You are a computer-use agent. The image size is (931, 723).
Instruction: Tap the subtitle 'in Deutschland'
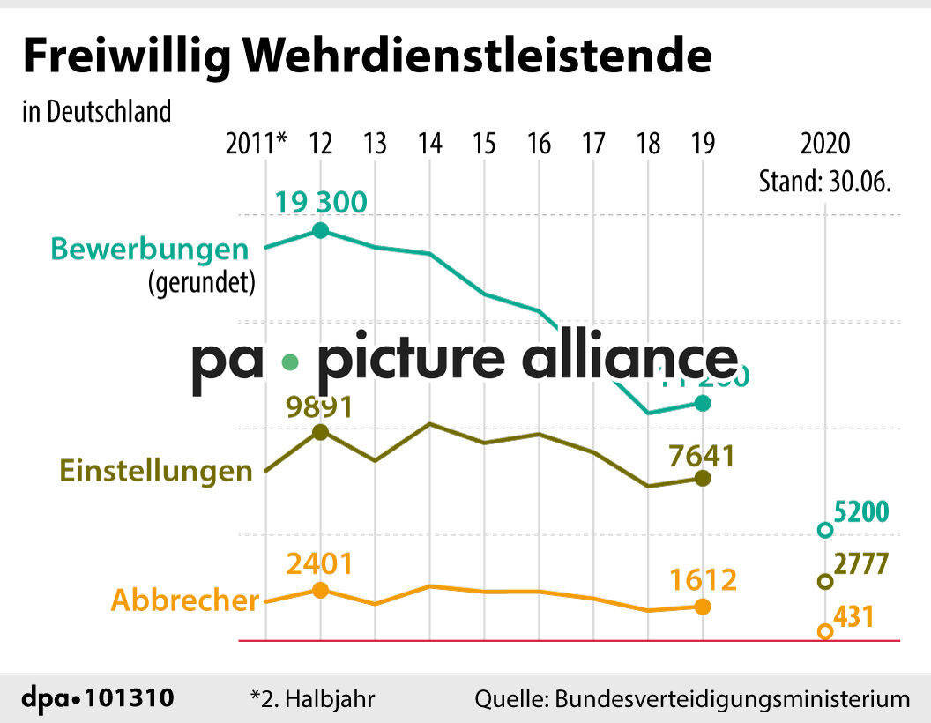click(96, 112)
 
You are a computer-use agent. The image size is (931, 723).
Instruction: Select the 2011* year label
click(257, 144)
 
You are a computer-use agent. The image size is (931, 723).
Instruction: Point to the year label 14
click(429, 144)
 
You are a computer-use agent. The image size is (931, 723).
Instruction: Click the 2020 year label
click(825, 144)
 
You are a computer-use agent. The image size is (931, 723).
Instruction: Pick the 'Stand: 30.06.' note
click(825, 182)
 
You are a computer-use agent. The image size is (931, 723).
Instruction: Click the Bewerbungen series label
click(149, 248)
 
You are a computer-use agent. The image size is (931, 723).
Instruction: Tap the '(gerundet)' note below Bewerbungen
click(201, 282)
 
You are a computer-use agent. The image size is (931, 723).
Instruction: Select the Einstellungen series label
click(156, 470)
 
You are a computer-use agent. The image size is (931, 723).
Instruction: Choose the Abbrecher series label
click(184, 600)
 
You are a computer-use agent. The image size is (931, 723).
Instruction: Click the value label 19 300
click(320, 202)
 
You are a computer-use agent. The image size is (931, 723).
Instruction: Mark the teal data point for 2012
click(321, 231)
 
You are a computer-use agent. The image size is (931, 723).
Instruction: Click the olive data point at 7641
click(703, 478)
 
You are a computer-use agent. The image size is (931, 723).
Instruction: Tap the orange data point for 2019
click(703, 607)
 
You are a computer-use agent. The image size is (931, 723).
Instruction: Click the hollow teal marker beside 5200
click(825, 530)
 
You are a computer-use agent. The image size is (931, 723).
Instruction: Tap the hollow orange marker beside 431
click(825, 631)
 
